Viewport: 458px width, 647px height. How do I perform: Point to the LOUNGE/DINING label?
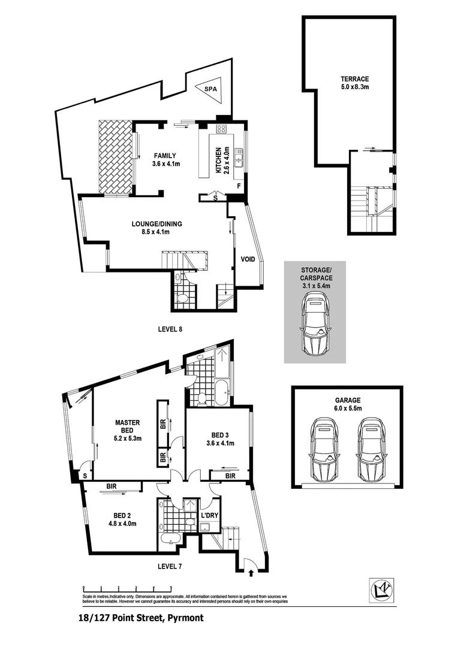coord(156,228)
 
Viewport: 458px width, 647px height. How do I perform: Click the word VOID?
coord(248,259)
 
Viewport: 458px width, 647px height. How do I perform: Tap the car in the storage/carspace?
coord(315,327)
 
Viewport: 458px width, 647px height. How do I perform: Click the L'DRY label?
coord(209,515)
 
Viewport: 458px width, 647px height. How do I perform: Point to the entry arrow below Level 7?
coord(251,573)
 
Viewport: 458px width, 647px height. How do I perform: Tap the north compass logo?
coord(380,591)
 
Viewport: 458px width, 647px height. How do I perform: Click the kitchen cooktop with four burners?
coord(221,129)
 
